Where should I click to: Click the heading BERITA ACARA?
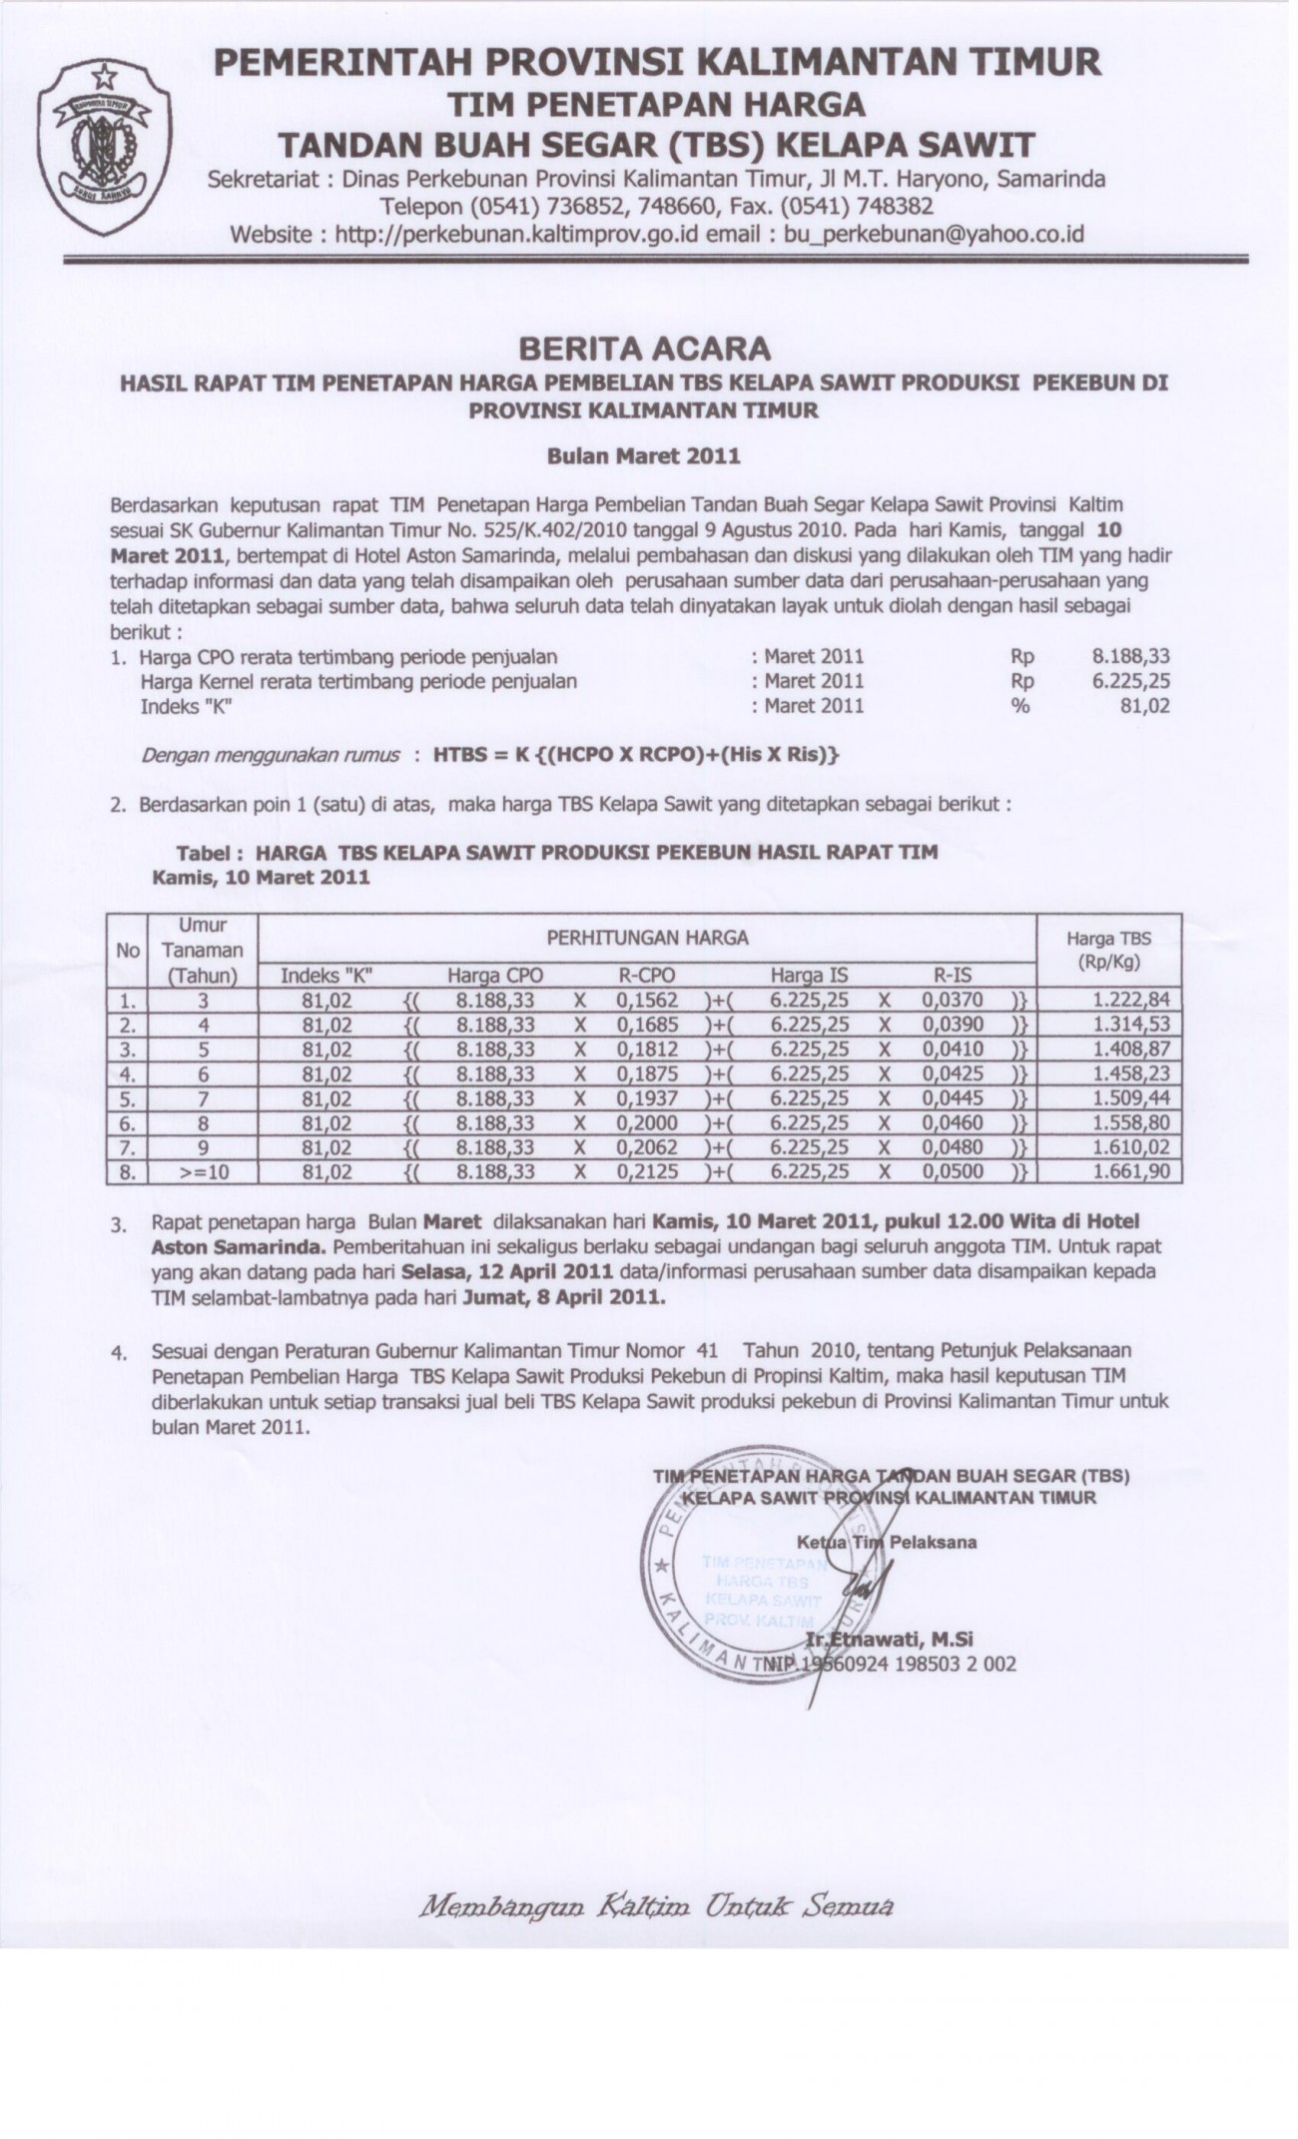pos(644,349)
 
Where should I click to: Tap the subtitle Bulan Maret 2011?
pos(644,456)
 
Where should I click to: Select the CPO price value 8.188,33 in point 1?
pos(1130,656)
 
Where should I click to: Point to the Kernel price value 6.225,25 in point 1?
pos(1130,681)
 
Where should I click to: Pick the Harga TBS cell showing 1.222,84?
pos(1130,1000)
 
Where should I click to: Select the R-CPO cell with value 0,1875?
pos(647,1073)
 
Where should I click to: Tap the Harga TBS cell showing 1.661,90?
pos(1130,1171)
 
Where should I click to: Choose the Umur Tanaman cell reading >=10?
pos(203,1172)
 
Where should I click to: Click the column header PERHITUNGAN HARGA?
pos(647,938)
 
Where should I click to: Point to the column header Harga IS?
pos(810,975)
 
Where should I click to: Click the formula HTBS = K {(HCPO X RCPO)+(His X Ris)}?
pos(636,755)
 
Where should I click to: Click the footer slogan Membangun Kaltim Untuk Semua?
pos(654,1905)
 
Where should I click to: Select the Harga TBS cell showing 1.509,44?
pos(1130,1097)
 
